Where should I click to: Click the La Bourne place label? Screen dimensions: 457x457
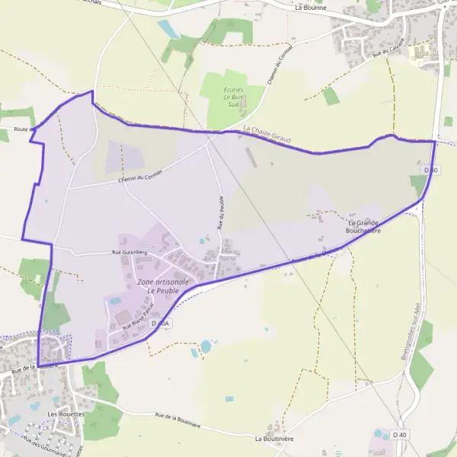pos(310,7)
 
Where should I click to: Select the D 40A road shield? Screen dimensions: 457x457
pos(159,324)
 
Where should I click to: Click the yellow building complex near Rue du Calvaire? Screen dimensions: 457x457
pos(420,52)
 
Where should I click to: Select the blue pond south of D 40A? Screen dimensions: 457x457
pos(206,347)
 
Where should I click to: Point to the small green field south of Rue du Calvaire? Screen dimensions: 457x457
pos(330,97)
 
